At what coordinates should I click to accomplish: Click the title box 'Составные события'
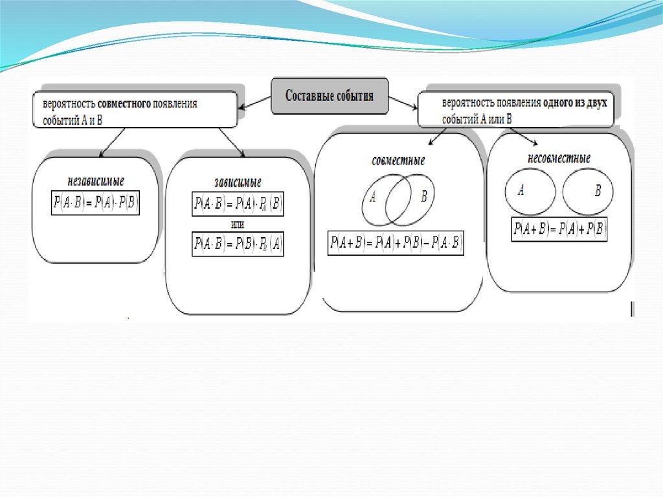330,97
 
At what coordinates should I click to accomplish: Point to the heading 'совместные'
398,161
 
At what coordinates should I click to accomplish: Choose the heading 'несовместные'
559,159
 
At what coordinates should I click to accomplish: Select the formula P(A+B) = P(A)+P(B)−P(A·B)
396,244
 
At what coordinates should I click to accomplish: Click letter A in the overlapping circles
373,198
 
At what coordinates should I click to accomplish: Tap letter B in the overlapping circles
423,196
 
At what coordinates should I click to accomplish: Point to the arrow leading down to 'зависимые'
231,142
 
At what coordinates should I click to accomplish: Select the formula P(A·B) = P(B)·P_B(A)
238,244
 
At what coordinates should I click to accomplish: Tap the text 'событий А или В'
477,119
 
